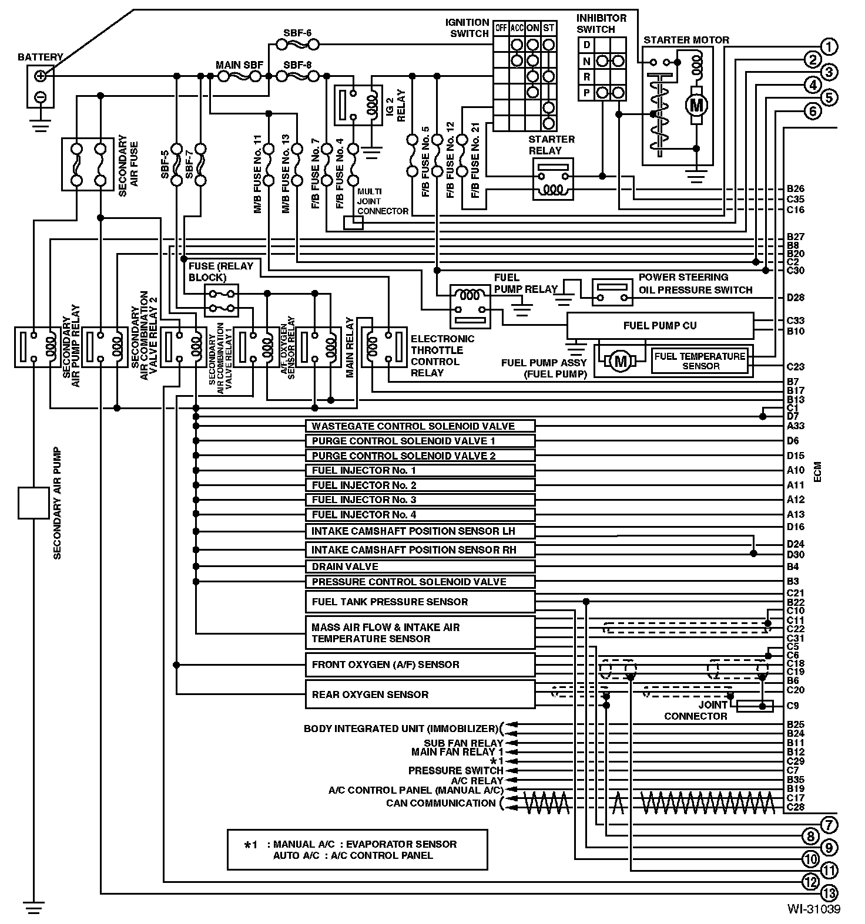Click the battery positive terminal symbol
click(40, 76)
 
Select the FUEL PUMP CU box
click(659, 325)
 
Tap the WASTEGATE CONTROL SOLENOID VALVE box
click(420, 426)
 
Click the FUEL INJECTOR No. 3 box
click(420, 500)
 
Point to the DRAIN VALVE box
click(420, 566)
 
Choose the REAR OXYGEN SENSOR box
click(420, 694)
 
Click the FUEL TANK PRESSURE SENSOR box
click(420, 602)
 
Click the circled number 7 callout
click(829, 825)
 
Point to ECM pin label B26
click(796, 189)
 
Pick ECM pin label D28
click(796, 298)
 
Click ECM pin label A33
click(796, 426)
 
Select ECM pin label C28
click(796, 808)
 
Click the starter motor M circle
click(696, 106)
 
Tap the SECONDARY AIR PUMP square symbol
click(33, 503)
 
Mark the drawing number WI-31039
click(814, 909)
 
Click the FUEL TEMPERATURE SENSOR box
click(700, 361)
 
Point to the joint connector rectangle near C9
click(755, 706)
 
